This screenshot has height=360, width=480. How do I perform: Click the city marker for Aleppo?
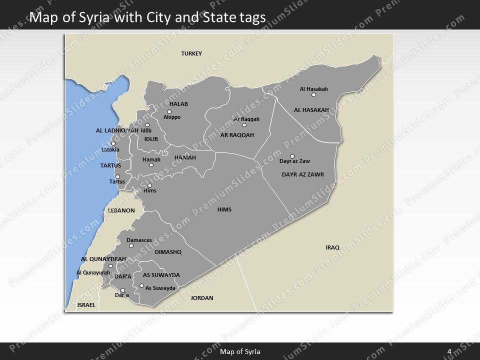click(x=169, y=111)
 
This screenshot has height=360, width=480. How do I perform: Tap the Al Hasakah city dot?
click(x=313, y=95)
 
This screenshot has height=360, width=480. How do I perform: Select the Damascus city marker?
click(x=131, y=245)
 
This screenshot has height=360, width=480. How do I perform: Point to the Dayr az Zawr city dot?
click(x=292, y=156)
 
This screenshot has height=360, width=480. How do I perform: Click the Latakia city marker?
click(x=113, y=143)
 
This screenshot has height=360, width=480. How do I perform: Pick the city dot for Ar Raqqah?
click(x=244, y=125)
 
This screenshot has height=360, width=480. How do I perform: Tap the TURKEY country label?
click(x=191, y=53)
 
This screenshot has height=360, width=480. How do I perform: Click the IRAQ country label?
click(x=332, y=247)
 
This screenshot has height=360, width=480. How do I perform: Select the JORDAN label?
click(x=202, y=298)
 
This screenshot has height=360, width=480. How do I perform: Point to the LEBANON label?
click(x=121, y=210)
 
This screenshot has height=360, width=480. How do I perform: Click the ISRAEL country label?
click(x=86, y=304)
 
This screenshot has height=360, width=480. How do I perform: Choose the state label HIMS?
click(x=224, y=209)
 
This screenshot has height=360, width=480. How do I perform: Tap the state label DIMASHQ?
click(x=168, y=252)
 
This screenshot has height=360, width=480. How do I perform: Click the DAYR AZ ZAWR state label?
click(x=303, y=174)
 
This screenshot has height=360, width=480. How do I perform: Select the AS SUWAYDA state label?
click(x=161, y=275)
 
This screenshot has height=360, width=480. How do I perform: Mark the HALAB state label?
click(x=178, y=104)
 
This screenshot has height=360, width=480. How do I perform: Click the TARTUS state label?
click(x=110, y=165)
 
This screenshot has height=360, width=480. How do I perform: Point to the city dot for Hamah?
click(x=151, y=165)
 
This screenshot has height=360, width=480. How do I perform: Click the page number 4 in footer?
click(x=449, y=351)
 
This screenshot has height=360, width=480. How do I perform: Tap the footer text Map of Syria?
click(x=240, y=351)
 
